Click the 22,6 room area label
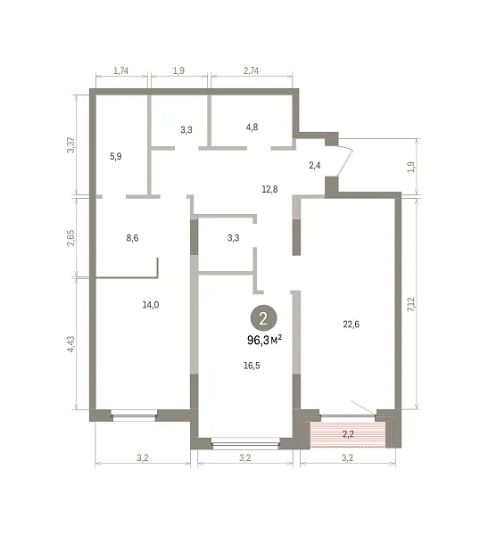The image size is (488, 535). (352, 325)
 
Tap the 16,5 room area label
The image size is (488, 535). (252, 366)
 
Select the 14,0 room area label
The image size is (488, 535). (151, 305)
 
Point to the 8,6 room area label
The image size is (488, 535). (132, 238)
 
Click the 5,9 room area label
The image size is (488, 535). (116, 156)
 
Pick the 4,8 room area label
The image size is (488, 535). (252, 127)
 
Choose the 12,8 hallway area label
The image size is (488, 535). (269, 189)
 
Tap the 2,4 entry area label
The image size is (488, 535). (315, 166)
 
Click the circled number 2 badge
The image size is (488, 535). (263, 318)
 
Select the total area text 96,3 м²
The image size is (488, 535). (265, 340)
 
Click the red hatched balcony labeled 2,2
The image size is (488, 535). (348, 434)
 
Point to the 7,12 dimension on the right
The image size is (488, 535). (411, 304)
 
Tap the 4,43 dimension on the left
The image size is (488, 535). (70, 344)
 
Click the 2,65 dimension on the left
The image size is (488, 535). (70, 238)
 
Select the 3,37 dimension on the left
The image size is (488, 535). (70, 144)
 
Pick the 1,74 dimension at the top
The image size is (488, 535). (121, 70)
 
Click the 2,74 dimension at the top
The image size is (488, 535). (251, 70)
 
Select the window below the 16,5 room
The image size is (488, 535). (245, 443)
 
